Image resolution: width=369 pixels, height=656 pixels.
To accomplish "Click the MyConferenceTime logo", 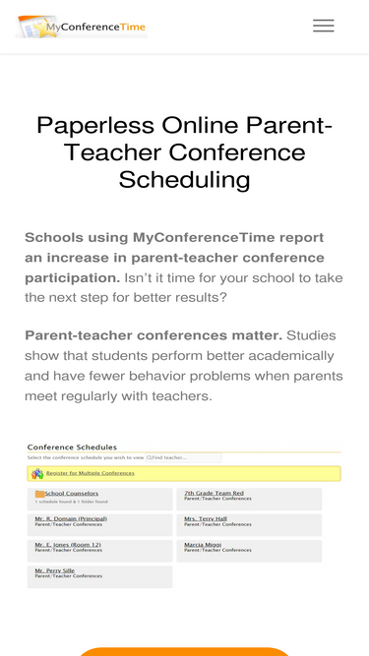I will click(x=83, y=27).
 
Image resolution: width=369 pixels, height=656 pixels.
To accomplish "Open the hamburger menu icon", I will click(x=324, y=27).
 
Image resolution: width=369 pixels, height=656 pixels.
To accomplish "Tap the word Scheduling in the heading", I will click(x=184, y=179).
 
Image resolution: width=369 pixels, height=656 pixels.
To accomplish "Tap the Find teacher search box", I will click(x=184, y=457).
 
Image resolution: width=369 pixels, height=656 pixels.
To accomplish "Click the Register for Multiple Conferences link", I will click(x=90, y=473).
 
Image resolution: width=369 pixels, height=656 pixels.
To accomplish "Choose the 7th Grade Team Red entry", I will click(x=214, y=493).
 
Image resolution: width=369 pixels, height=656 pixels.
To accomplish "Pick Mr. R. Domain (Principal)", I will click(x=71, y=518).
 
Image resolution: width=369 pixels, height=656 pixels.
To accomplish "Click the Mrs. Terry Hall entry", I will click(x=206, y=518).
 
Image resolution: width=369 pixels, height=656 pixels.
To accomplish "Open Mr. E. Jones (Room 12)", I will click(x=68, y=544).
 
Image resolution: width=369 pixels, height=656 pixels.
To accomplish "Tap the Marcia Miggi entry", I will click(x=203, y=544).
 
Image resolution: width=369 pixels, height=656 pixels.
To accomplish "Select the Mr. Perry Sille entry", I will click(x=55, y=570).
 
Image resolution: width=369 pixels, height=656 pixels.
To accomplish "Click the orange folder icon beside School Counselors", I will click(x=39, y=494).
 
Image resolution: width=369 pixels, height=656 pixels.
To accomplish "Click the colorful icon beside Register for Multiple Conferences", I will click(x=37, y=474).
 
